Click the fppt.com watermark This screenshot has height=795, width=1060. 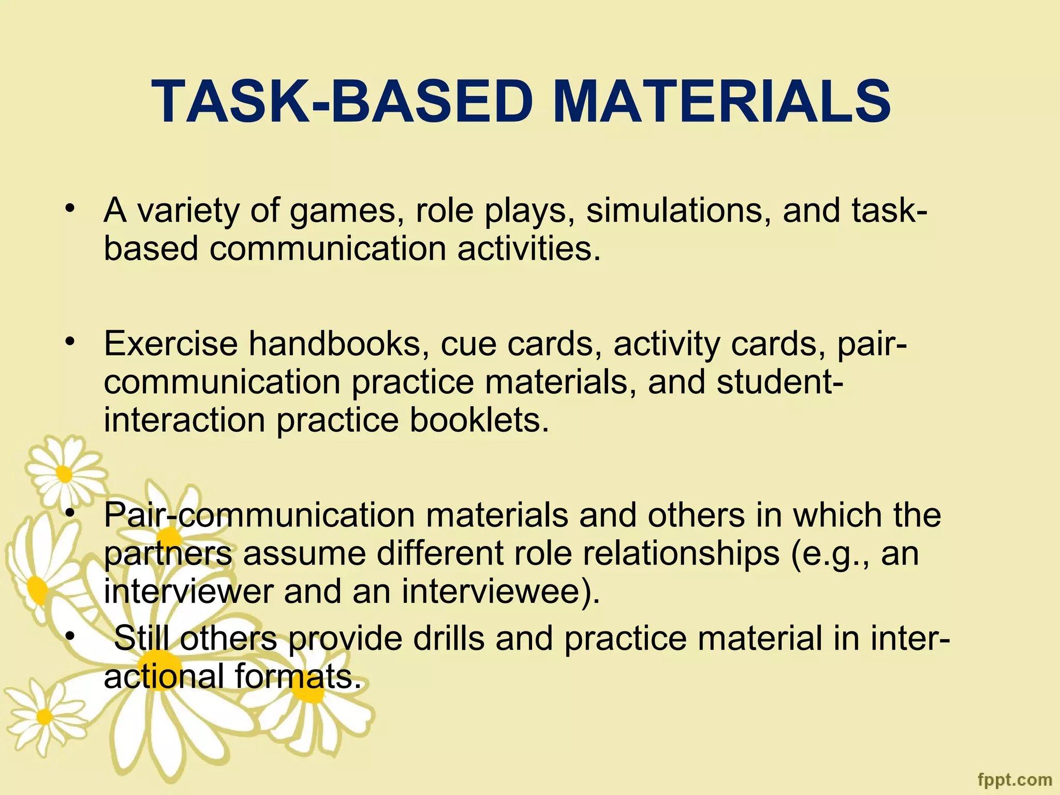coord(1015,779)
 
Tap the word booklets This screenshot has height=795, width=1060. coord(479,420)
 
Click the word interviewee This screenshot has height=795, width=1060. coord(500,592)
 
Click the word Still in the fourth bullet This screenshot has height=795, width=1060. coord(141,638)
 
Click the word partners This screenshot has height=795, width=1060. coord(168,554)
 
